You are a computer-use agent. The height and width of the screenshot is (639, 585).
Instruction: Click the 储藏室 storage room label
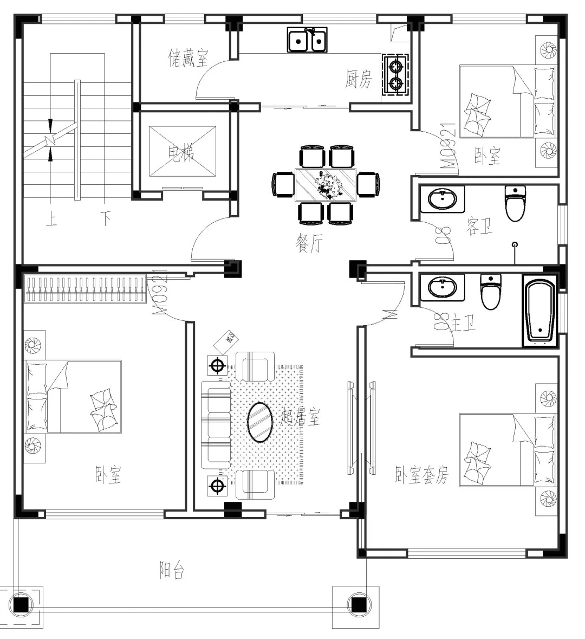click(188, 57)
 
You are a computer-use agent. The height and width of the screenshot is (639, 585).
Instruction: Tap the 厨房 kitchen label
click(359, 80)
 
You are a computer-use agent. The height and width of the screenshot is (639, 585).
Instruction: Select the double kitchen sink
click(307, 40)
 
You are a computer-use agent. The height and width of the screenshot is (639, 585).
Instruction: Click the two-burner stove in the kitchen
click(396, 75)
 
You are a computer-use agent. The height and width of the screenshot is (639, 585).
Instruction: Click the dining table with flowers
click(325, 185)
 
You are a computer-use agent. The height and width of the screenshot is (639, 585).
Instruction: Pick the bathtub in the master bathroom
click(539, 311)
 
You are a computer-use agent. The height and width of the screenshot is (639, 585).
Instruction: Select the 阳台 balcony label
click(172, 570)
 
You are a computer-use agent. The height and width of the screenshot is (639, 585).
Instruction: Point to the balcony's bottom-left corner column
click(21, 605)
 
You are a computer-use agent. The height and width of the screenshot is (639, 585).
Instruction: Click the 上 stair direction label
click(51, 220)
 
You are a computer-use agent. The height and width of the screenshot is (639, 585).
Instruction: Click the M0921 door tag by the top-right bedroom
click(448, 146)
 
